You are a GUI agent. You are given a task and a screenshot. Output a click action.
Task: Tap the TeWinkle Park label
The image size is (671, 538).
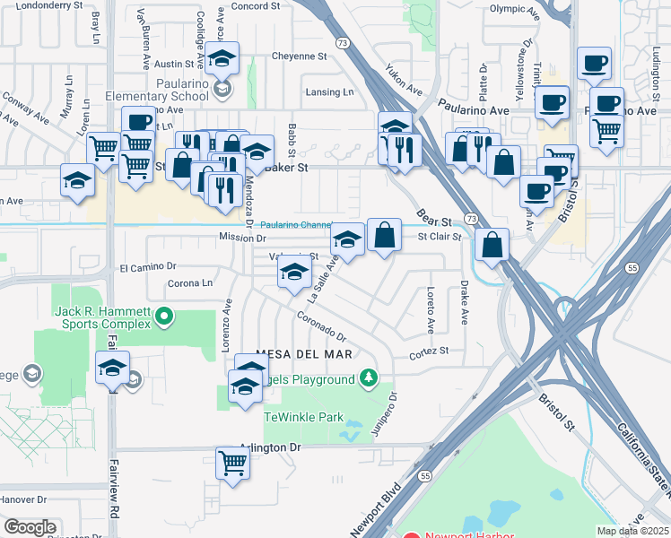click(x=303, y=417)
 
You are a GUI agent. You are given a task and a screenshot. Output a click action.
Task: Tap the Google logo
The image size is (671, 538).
click(x=30, y=527)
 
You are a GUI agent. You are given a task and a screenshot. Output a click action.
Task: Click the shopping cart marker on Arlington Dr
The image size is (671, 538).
click(x=232, y=464)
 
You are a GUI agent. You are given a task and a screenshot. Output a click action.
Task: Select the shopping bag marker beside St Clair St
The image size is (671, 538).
click(x=384, y=235)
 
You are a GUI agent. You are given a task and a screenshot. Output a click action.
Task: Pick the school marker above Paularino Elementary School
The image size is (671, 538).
click(x=222, y=59)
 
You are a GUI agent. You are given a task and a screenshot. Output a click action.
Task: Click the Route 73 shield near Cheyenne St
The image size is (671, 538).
click(x=342, y=66)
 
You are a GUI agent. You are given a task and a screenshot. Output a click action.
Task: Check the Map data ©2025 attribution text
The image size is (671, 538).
click(x=633, y=531)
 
